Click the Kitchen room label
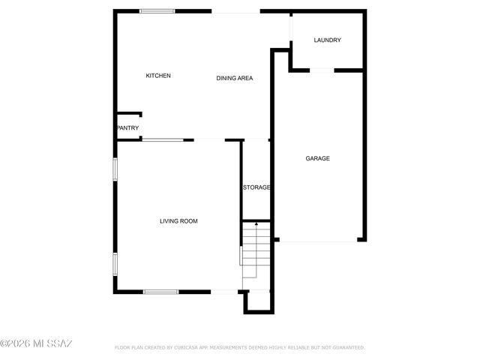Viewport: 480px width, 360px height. click(x=158, y=76)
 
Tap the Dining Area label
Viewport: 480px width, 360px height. click(x=234, y=79)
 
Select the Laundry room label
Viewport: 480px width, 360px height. click(x=328, y=40)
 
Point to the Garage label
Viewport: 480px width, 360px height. click(x=317, y=158)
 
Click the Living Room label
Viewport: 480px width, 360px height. click(x=178, y=221)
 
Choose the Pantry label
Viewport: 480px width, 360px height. click(x=127, y=128)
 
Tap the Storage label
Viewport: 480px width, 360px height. click(x=256, y=187)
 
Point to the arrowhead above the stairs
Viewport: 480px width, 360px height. click(x=256, y=223)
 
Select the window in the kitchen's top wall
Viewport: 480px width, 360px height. click(x=157, y=10)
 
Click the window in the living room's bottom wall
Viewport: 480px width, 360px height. click(x=160, y=292)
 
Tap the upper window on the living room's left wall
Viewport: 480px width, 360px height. click(x=115, y=169)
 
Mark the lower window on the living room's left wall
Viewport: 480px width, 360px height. click(x=115, y=263)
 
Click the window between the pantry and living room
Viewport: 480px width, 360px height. click(x=162, y=139)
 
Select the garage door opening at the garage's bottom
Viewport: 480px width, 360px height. click(x=318, y=241)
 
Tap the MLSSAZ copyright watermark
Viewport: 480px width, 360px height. click(x=36, y=344)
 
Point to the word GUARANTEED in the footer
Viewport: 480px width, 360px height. click(x=347, y=348)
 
